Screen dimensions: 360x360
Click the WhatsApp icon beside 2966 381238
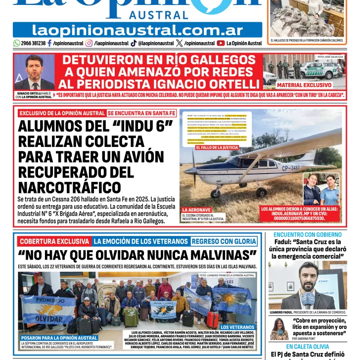(x=17, y=43)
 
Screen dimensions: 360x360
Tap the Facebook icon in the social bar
(x=49, y=43)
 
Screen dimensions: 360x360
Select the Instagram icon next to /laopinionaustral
(x=89, y=43)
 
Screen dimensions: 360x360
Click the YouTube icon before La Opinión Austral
(x=221, y=43)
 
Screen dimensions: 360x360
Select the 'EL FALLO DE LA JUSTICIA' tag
(x=217, y=147)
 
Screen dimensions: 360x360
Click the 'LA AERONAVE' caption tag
(x=197, y=210)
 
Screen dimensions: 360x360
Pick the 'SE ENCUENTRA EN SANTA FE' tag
(x=141, y=113)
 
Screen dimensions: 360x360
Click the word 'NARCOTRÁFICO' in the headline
(x=69, y=188)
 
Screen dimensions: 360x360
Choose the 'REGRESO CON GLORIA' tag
(x=224, y=241)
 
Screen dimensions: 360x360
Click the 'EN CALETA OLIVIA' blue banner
(x=307, y=347)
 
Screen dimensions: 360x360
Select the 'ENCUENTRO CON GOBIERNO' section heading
(x=307, y=234)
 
